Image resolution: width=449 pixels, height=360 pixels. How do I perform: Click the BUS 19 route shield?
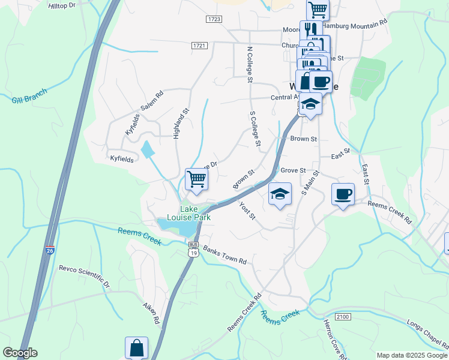click(x=193, y=249)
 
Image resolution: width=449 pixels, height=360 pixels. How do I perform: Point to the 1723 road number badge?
click(x=214, y=20)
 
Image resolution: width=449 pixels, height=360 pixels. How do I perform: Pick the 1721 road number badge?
click(x=200, y=46)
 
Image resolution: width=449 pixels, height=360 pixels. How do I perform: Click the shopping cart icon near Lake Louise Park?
click(x=196, y=178)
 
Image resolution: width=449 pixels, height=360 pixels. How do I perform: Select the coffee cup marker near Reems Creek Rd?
click(x=343, y=194)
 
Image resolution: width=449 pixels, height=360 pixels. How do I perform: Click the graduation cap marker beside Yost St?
click(x=280, y=193)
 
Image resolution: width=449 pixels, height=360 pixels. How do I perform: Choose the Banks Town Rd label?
click(x=224, y=255)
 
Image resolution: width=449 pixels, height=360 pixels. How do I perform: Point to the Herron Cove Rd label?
click(x=332, y=341)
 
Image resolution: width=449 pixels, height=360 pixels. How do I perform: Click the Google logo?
click(x=20, y=353)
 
